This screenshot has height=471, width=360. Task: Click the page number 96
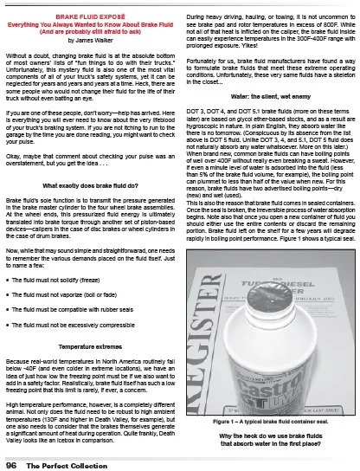tap(12, 460)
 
